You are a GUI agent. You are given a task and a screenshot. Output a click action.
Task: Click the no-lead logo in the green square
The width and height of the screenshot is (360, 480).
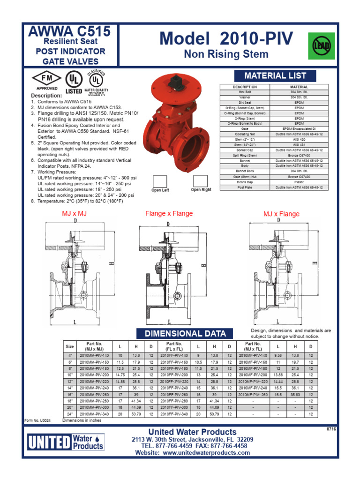(321, 46)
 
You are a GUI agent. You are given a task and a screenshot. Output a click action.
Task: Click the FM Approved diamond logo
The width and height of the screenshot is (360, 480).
(46, 80)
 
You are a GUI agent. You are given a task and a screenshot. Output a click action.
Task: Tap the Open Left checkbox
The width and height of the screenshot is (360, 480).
(160, 181)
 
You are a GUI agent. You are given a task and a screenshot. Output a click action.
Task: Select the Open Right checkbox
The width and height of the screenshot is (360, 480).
(201, 181)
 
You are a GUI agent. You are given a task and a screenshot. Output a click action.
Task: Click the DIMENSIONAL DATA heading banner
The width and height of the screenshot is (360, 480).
(185, 333)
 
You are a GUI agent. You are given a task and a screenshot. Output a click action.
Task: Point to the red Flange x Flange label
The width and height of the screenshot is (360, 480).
(169, 214)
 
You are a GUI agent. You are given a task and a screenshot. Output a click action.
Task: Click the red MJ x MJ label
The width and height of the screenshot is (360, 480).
(75, 214)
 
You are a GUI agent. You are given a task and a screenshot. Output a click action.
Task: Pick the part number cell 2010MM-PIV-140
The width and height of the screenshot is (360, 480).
(94, 356)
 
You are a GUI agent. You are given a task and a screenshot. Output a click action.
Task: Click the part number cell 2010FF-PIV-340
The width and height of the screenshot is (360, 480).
(174, 414)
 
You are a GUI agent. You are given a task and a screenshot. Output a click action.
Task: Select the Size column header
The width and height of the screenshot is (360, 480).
(70, 347)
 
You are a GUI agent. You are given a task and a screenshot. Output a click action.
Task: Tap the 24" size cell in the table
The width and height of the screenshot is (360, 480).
(70, 414)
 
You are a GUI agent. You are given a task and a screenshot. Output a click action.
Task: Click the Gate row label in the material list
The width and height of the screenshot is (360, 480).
(245, 128)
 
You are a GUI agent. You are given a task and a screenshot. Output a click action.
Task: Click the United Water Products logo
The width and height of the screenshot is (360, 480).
(65, 442)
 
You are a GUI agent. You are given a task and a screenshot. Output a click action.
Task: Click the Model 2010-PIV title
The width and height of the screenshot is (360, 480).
(226, 38)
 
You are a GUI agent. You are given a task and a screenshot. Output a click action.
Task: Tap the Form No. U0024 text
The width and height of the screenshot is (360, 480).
(37, 420)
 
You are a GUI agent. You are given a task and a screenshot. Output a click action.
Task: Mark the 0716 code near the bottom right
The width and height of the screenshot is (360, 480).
(331, 429)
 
